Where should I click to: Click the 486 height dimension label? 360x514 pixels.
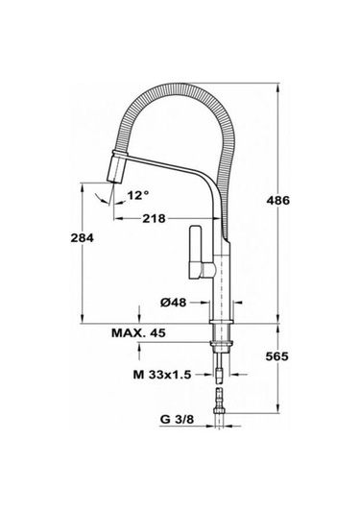coord(277,200)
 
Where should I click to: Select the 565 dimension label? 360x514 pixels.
coord(276,356)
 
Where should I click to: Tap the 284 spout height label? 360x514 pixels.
coord(82,237)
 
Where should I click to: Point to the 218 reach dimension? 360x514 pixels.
coord(154,218)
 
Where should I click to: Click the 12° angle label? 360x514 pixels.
coord(138,196)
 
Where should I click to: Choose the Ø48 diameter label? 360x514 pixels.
coord(174,303)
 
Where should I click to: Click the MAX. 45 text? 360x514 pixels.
coord(138,333)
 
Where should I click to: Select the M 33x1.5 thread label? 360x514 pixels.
coord(162,374)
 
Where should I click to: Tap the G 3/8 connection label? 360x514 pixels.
coord(177,419)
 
